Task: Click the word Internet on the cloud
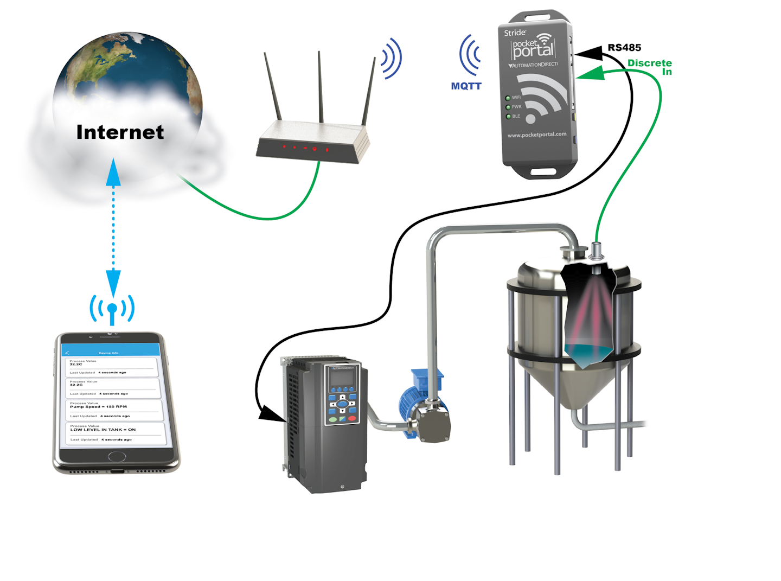120,132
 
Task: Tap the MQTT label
466,86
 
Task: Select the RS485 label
624,48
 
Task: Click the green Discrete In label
650,67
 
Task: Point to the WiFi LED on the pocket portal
508,98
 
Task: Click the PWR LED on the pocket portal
508,107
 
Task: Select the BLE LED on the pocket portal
508,117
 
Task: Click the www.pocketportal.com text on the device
537,135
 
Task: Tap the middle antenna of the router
320,87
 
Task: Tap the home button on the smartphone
117,456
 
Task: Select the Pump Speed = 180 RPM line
99,406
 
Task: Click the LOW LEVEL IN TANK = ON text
103,430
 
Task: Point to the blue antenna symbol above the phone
112,309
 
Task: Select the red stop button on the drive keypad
352,418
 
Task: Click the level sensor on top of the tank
596,251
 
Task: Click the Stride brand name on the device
515,33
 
